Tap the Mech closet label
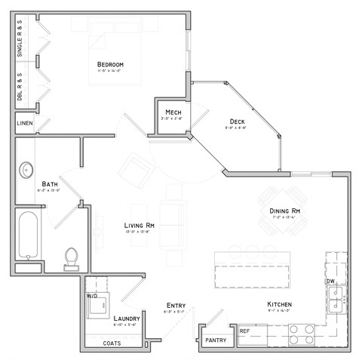(172, 113)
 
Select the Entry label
(176, 305)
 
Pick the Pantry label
(215, 340)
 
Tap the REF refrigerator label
(245, 331)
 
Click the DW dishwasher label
(330, 281)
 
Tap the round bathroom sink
(28, 169)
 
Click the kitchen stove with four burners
(302, 334)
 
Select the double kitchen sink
(335, 299)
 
